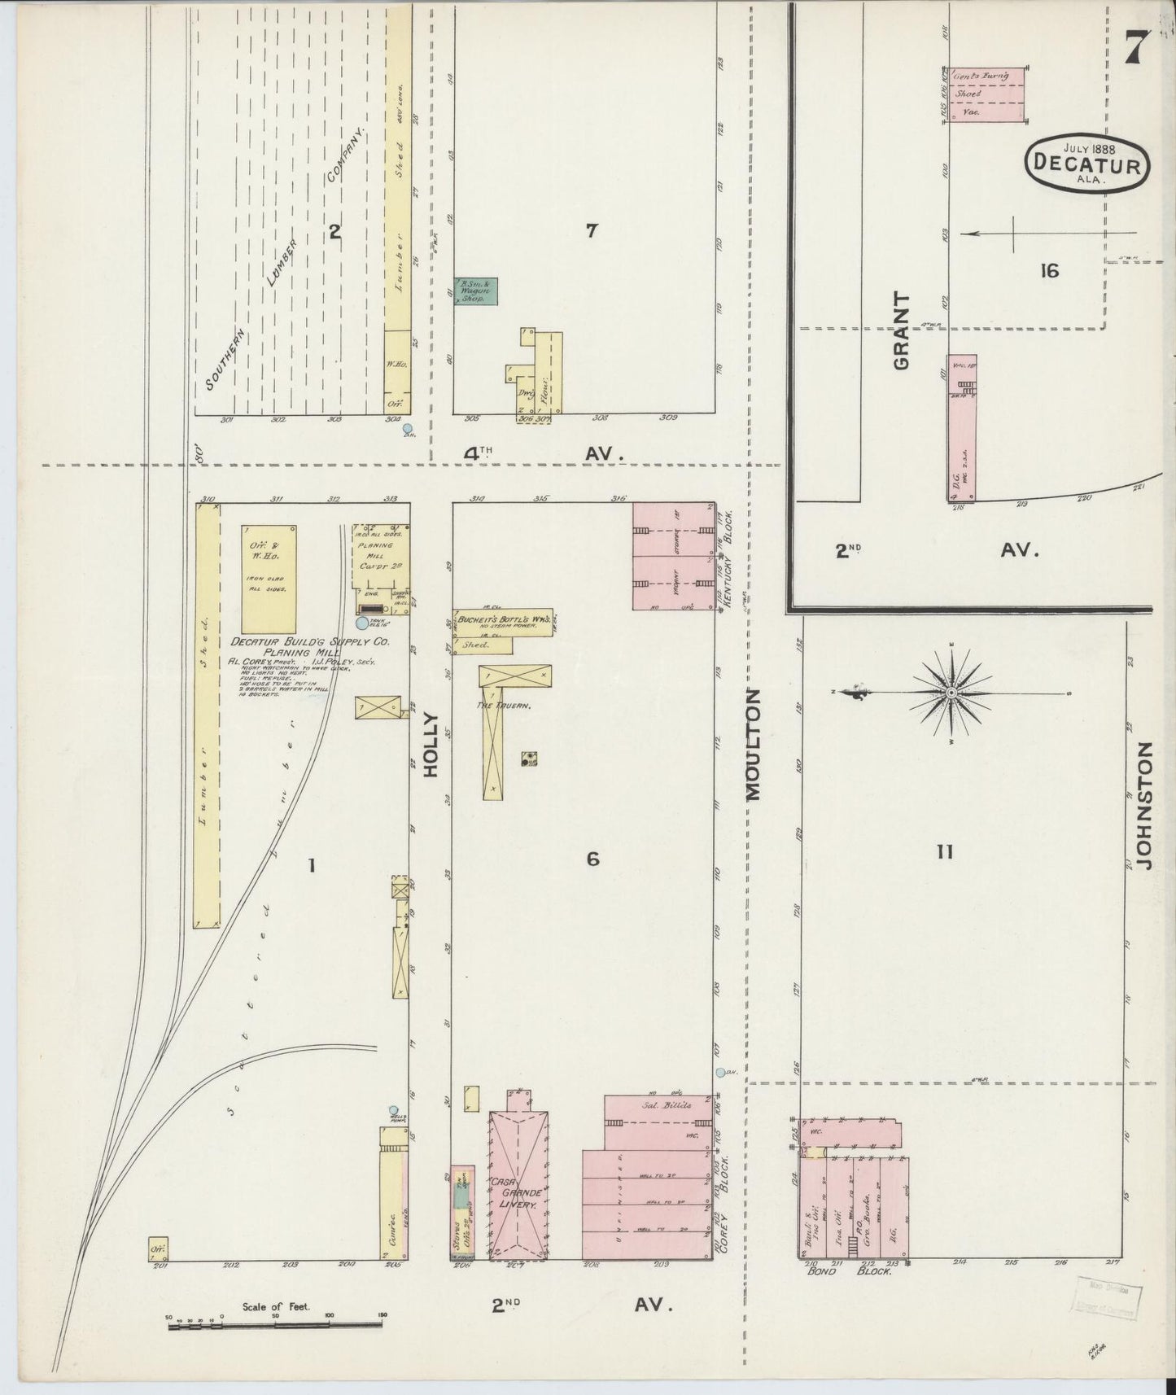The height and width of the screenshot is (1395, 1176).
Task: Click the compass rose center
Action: (951, 693)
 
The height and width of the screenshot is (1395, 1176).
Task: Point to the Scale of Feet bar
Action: (276, 1326)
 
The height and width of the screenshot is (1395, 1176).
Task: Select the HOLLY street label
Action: (431, 745)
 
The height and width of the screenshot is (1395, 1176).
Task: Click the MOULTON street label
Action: (754, 745)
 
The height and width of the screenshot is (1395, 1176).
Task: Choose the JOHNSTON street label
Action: (1145, 806)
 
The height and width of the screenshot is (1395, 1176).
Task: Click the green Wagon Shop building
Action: (476, 291)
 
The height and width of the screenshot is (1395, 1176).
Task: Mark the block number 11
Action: (944, 852)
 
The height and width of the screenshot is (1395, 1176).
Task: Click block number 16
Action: (1049, 271)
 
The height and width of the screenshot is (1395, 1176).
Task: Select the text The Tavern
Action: (505, 706)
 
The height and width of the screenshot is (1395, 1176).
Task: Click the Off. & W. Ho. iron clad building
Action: (269, 578)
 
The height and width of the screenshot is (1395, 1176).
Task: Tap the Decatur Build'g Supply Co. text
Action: (309, 642)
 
